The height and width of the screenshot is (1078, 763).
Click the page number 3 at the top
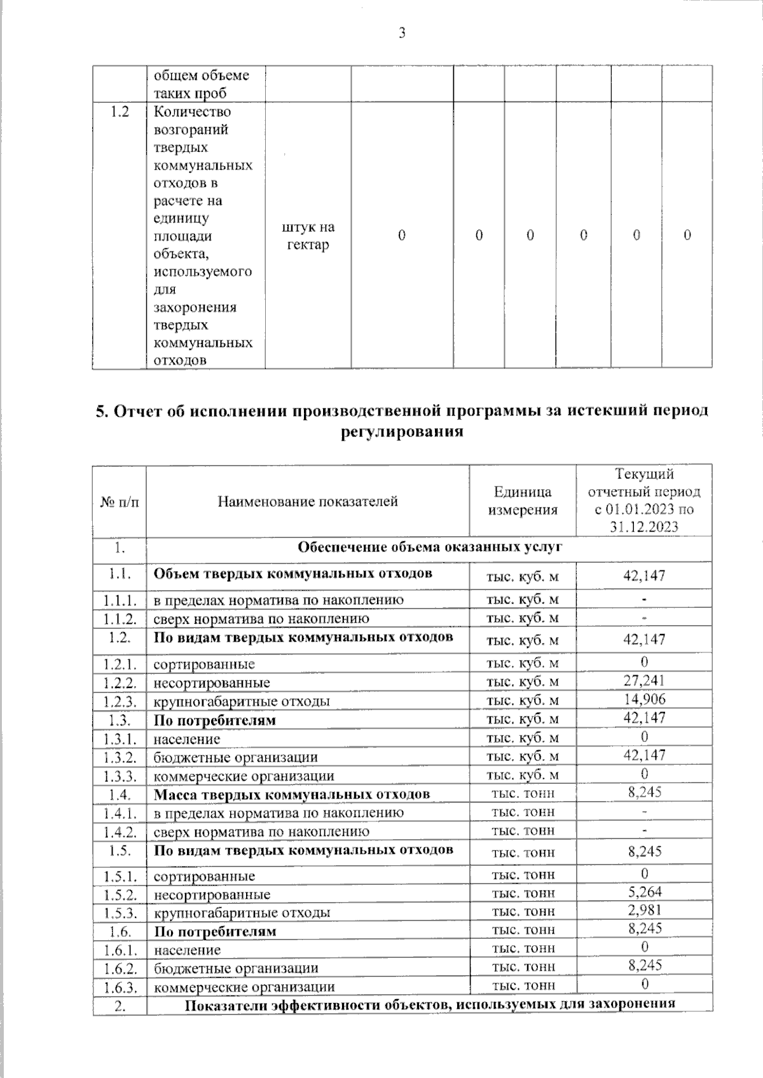tap(401, 34)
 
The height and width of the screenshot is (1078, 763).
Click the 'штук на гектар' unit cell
tap(308, 236)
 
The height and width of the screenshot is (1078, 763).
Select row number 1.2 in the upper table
tap(120, 112)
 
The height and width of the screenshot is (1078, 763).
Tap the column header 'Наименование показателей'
tap(308, 501)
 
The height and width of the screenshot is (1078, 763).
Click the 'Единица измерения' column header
tap(522, 501)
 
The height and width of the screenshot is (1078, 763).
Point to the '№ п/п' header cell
tap(120, 501)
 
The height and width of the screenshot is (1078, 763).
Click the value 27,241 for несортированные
tap(644, 681)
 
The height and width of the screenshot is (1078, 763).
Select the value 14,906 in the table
tap(644, 699)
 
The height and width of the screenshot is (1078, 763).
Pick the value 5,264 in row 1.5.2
tap(644, 892)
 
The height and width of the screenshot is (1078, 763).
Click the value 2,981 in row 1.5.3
tap(644, 910)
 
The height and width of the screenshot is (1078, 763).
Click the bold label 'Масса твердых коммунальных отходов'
tap(292, 794)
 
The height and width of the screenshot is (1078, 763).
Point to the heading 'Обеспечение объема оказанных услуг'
tap(430, 547)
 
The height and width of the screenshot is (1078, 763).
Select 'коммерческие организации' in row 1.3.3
tap(244, 776)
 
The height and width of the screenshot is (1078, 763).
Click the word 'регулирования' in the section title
tap(401, 433)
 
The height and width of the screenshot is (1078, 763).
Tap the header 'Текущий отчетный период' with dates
tap(644, 500)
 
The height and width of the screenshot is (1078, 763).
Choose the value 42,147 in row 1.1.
tap(644, 576)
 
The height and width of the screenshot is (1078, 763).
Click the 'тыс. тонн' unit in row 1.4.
tap(523, 793)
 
